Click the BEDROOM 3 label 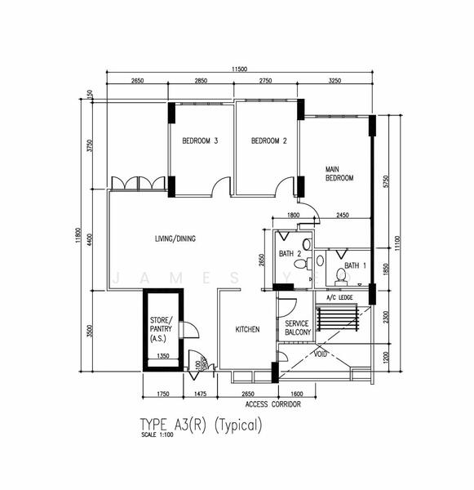coord(200,141)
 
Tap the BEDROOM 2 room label coord(268,141)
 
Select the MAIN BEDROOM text coord(339,172)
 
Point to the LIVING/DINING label coord(175,238)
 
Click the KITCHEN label coord(247,329)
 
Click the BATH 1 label coord(355,265)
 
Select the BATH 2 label coord(289,253)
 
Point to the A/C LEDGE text coord(339,297)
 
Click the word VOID coord(320,354)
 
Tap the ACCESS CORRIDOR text coord(272,403)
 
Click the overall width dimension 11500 coord(238,69)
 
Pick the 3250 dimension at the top coord(334,81)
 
